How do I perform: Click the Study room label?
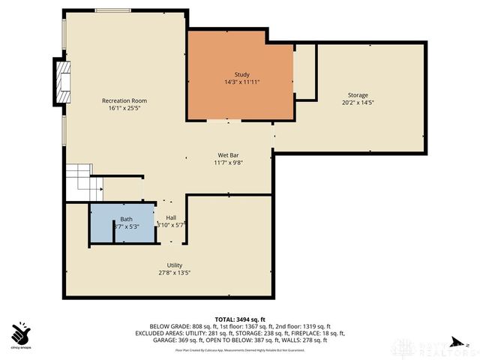(x=241, y=74)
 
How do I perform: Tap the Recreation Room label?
(x=124, y=100)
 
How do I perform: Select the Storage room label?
(x=357, y=95)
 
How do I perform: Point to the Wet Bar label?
(x=228, y=154)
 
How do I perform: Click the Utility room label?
(x=174, y=265)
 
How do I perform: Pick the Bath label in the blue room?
(x=126, y=219)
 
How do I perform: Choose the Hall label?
(x=170, y=217)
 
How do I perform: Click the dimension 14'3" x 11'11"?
(x=241, y=82)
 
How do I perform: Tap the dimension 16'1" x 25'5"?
(x=124, y=108)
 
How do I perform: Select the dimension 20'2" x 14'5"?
(x=357, y=103)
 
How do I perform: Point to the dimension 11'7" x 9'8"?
(x=228, y=162)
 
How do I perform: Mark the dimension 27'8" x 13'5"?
(x=174, y=273)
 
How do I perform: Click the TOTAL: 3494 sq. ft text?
(x=240, y=319)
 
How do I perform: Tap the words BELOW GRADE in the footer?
(x=167, y=326)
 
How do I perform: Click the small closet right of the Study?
(x=304, y=72)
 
